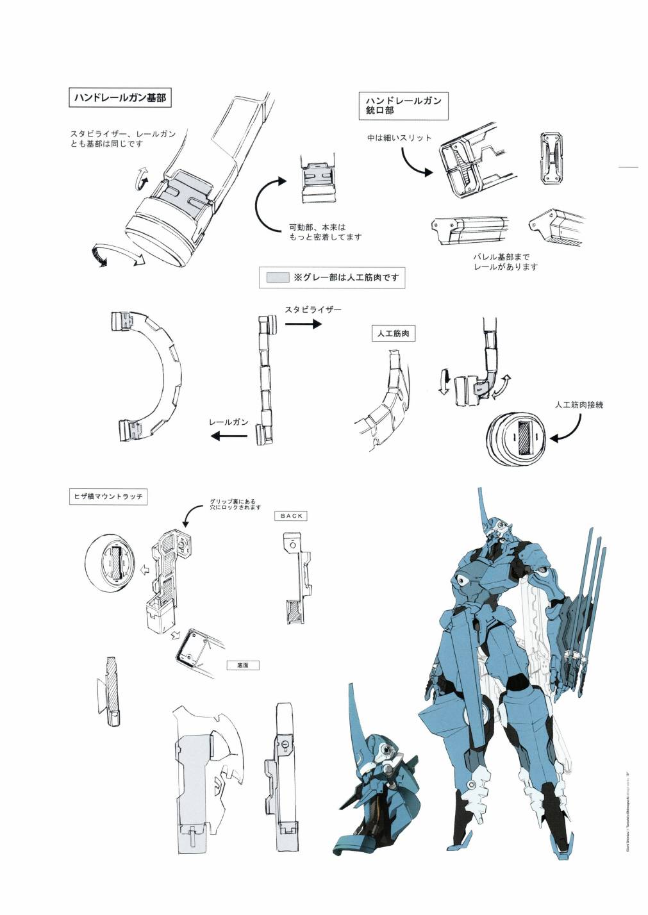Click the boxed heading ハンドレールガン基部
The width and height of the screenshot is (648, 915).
click(x=120, y=97)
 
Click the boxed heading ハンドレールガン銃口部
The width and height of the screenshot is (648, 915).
click(x=403, y=106)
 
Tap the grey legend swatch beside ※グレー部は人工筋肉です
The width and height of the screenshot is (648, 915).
click(x=278, y=277)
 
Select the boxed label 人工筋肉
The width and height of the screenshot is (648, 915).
click(x=393, y=334)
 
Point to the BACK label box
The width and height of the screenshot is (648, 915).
click(x=291, y=516)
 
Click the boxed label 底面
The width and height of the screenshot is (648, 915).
click(x=243, y=665)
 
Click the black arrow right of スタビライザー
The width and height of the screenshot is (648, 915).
click(x=303, y=324)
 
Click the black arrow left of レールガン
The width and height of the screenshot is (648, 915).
click(x=229, y=436)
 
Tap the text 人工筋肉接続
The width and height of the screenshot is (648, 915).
click(x=579, y=405)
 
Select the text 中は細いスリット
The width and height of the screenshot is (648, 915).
click(x=399, y=138)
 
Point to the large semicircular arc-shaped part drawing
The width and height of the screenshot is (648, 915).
click(x=151, y=375)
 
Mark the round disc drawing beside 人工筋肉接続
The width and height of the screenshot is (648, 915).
click(x=516, y=437)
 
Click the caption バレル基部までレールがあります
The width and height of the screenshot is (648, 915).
click(x=506, y=262)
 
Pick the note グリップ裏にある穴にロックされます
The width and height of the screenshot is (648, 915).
click(x=235, y=504)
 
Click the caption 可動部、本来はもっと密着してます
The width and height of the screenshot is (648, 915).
click(x=325, y=232)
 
